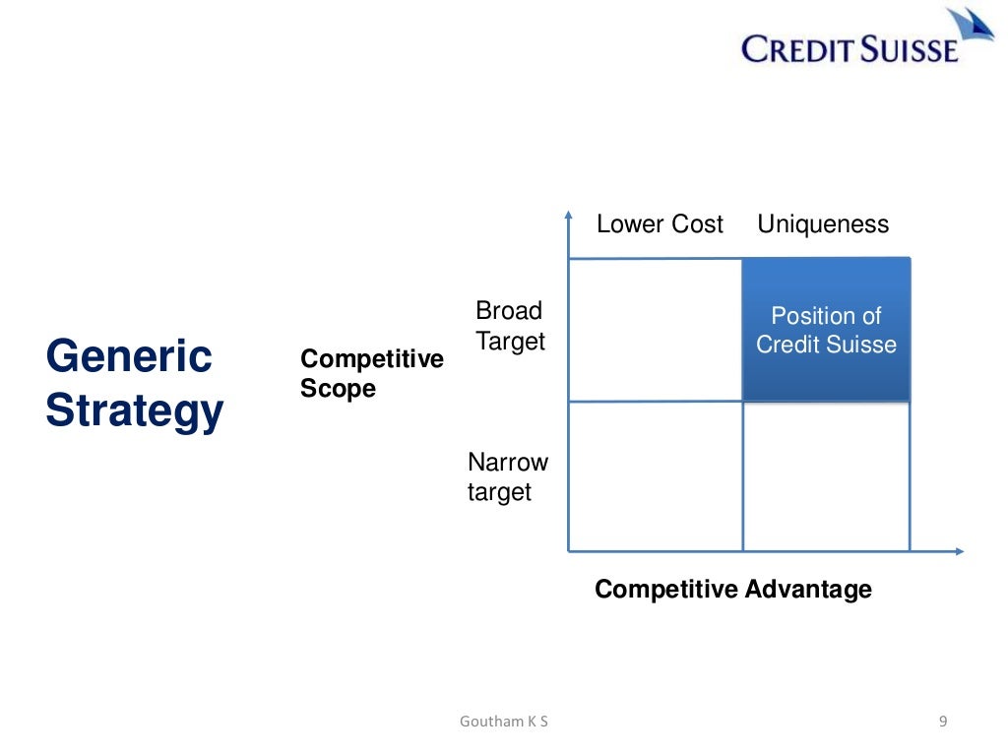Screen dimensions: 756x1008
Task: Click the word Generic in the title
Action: [129, 355]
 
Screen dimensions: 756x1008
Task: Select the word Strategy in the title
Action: [135, 410]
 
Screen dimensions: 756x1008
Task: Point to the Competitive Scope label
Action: [371, 373]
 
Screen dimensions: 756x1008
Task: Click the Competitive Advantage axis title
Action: [733, 589]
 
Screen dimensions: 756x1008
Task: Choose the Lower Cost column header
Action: [660, 224]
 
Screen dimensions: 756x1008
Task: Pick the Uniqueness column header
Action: [823, 224]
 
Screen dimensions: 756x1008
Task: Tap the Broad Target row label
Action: [510, 326]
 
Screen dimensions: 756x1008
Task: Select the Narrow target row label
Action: [508, 476]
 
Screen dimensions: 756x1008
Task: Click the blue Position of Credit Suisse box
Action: [826, 330]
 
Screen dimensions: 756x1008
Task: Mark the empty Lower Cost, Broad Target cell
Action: [656, 330]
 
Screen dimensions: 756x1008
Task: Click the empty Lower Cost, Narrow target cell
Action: [656, 476]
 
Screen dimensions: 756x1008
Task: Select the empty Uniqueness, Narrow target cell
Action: [826, 476]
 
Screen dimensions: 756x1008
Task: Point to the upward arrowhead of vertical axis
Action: [569, 214]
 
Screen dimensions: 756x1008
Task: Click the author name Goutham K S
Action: [504, 722]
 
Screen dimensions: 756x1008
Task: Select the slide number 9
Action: [943, 722]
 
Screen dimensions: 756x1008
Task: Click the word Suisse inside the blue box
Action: [862, 345]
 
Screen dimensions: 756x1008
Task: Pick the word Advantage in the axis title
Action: [808, 589]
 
